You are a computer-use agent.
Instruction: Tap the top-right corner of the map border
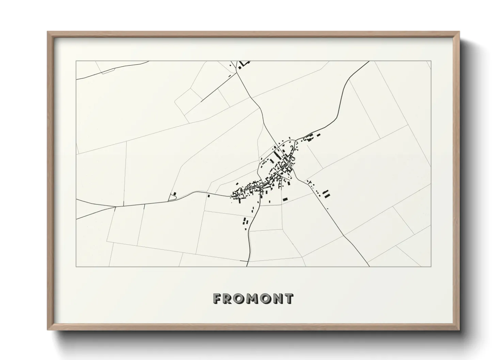431,61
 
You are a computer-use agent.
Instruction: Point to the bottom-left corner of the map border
76,267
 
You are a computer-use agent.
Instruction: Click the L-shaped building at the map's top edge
243,64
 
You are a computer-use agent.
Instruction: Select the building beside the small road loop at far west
175,194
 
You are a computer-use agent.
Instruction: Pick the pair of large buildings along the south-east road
326,193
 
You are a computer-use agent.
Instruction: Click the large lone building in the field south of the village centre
285,199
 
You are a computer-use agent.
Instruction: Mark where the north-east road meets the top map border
369,61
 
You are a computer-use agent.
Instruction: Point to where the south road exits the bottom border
247,266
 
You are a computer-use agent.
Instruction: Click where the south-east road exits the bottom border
369,266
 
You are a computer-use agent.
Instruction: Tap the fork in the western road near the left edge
116,206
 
